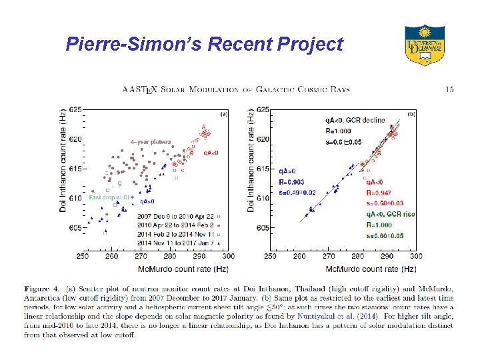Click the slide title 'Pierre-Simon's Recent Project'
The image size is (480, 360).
(x=204, y=45)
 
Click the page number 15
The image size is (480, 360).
(x=449, y=89)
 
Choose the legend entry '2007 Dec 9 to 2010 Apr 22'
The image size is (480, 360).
(x=176, y=217)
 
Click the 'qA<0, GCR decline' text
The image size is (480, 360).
(x=355, y=121)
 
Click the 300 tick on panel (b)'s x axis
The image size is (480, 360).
(x=415, y=256)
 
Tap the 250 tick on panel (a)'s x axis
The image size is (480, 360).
(x=83, y=256)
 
